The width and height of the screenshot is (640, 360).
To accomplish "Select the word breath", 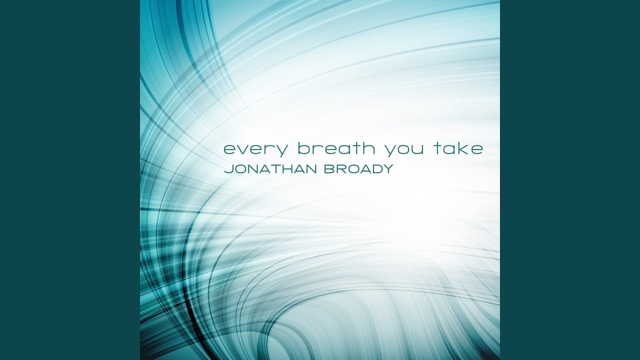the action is (336, 147).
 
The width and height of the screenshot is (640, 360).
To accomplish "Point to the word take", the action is (459, 147).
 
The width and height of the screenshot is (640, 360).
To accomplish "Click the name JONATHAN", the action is (270, 169).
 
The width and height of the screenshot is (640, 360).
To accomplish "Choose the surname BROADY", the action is (359, 169).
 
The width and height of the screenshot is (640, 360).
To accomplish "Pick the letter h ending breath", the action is (368, 147).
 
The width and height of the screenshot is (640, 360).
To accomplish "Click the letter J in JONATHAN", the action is (228, 169).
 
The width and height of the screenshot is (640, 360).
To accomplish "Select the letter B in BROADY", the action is (329, 169).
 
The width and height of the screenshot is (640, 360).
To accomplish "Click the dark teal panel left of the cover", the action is (70, 180).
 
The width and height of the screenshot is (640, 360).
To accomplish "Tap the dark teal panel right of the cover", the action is (570, 180).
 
